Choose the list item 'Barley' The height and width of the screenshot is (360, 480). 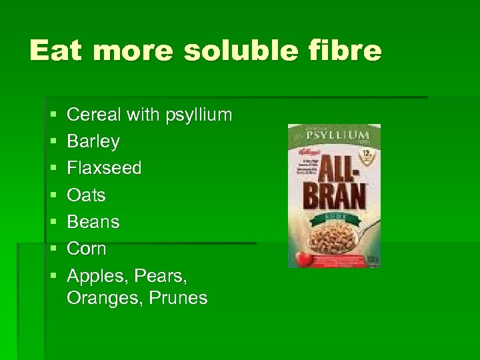pos(93,141)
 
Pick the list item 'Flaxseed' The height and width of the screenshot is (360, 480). pos(105,168)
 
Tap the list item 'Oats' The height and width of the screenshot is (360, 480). pos(86,195)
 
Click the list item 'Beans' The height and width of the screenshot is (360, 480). pos(93,221)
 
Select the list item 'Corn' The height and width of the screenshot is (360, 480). pos(87,248)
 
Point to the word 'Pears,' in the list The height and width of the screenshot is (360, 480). pos(159,275)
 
